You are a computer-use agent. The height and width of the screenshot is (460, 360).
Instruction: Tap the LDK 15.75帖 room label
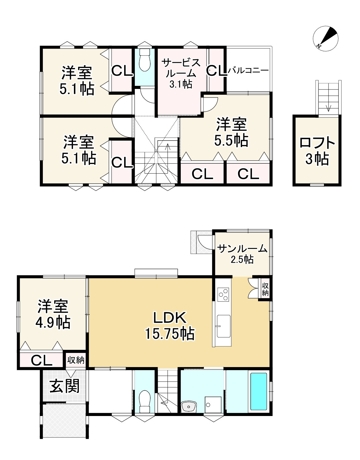(169, 326)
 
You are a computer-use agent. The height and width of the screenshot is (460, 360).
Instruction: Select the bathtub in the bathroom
(259, 391)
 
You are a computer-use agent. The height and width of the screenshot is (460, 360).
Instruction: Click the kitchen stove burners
(223, 294)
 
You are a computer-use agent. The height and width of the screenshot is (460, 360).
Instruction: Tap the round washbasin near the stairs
(189, 406)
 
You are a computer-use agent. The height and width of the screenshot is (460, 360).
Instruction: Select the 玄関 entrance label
(65, 386)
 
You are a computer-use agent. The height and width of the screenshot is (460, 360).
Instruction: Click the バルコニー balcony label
(248, 71)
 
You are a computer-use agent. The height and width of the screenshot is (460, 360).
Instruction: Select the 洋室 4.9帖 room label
(53, 314)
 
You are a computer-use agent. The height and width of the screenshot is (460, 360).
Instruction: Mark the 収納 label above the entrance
(76, 360)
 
